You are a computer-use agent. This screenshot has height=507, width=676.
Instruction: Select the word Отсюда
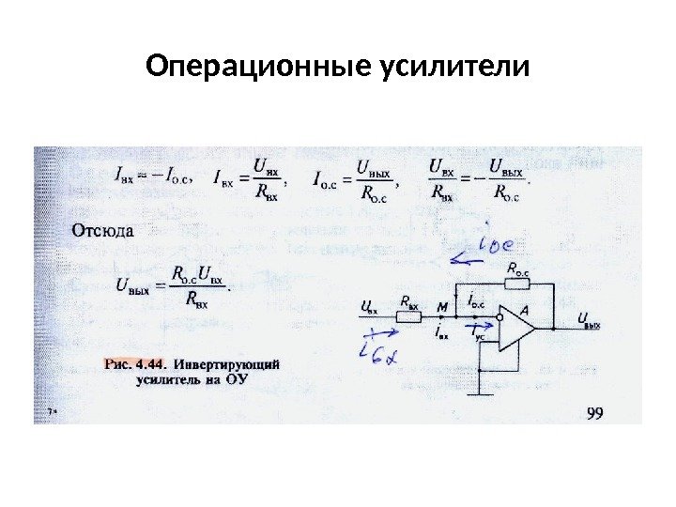click(103, 228)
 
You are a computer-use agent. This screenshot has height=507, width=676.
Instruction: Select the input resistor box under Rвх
click(408, 317)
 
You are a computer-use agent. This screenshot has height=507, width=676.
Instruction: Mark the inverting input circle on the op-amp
click(499, 317)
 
